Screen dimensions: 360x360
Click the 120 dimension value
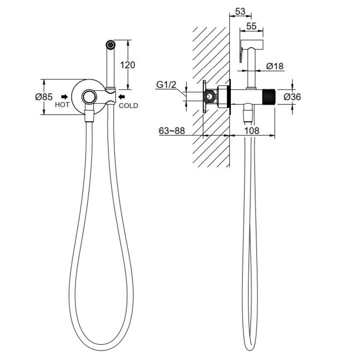pyautogui.click(x=128, y=65)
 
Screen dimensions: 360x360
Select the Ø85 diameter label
pyautogui.click(x=44, y=97)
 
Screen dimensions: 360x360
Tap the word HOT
pyautogui.click(x=62, y=105)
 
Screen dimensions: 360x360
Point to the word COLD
pyautogui.click(x=128, y=106)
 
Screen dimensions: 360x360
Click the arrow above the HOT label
pyautogui.click(x=64, y=97)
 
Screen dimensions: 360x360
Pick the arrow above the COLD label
pyautogui.click(x=121, y=97)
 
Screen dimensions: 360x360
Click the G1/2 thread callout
pyautogui.click(x=166, y=85)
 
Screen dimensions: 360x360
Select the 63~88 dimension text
pyautogui.click(x=172, y=130)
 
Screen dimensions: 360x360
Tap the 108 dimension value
pyautogui.click(x=252, y=130)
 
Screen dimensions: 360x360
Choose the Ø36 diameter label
pyautogui.click(x=292, y=97)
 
